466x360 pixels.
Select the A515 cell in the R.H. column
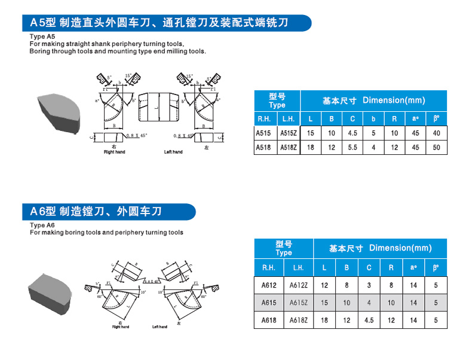click(263, 133)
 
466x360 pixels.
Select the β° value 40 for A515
click(436, 133)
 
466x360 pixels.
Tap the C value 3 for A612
click(369, 286)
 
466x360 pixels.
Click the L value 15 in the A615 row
click(324, 303)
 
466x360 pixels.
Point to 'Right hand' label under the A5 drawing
click(114, 152)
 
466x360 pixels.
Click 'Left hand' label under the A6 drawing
click(160, 327)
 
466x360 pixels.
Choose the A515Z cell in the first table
click(289, 133)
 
